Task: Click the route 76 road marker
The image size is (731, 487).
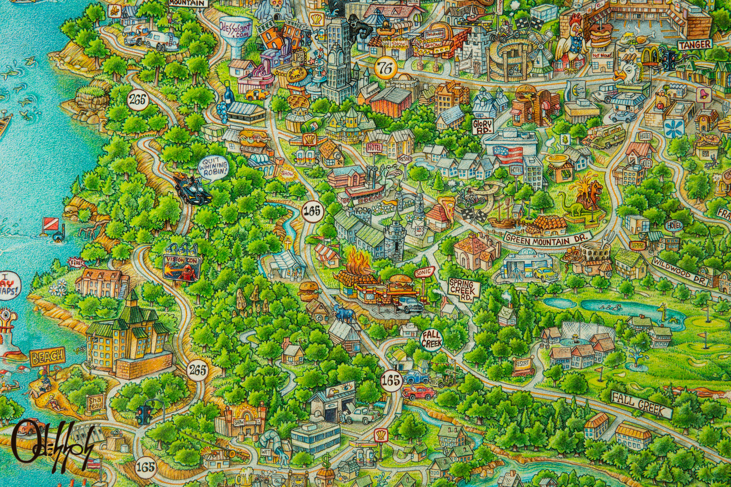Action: tap(385, 68)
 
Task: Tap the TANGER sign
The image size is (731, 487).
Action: tap(695, 45)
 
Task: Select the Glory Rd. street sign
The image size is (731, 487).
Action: tap(483, 126)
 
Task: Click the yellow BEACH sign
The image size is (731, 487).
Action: tap(48, 357)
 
